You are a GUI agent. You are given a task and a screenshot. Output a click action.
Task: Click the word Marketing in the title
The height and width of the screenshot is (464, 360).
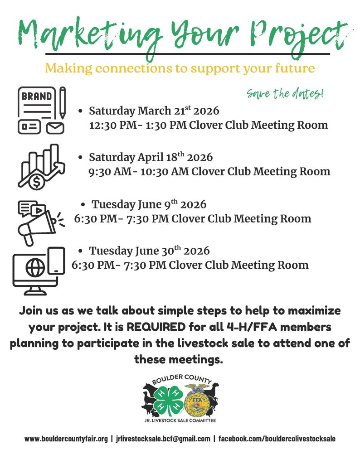coord(86,34)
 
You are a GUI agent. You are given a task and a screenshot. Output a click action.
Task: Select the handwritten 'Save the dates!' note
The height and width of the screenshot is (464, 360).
coord(285,94)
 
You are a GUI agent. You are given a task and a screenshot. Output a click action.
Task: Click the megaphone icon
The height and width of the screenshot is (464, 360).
coord(36,222)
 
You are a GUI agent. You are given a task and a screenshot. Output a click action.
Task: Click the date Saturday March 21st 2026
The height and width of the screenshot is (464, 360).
coord(154,111)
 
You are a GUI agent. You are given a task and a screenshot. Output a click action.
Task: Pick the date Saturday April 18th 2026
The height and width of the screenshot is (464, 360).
coord(151,157)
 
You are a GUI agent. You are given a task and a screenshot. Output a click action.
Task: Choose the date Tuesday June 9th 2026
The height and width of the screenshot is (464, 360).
coord(149,204)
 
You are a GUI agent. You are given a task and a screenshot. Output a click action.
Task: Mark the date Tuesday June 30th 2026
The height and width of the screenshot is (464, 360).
coord(149,251)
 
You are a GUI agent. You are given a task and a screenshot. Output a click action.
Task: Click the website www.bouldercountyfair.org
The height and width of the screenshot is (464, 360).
coord(66,439)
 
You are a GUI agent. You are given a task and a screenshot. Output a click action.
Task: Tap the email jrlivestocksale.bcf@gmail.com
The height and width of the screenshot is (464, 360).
coord(163,439)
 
